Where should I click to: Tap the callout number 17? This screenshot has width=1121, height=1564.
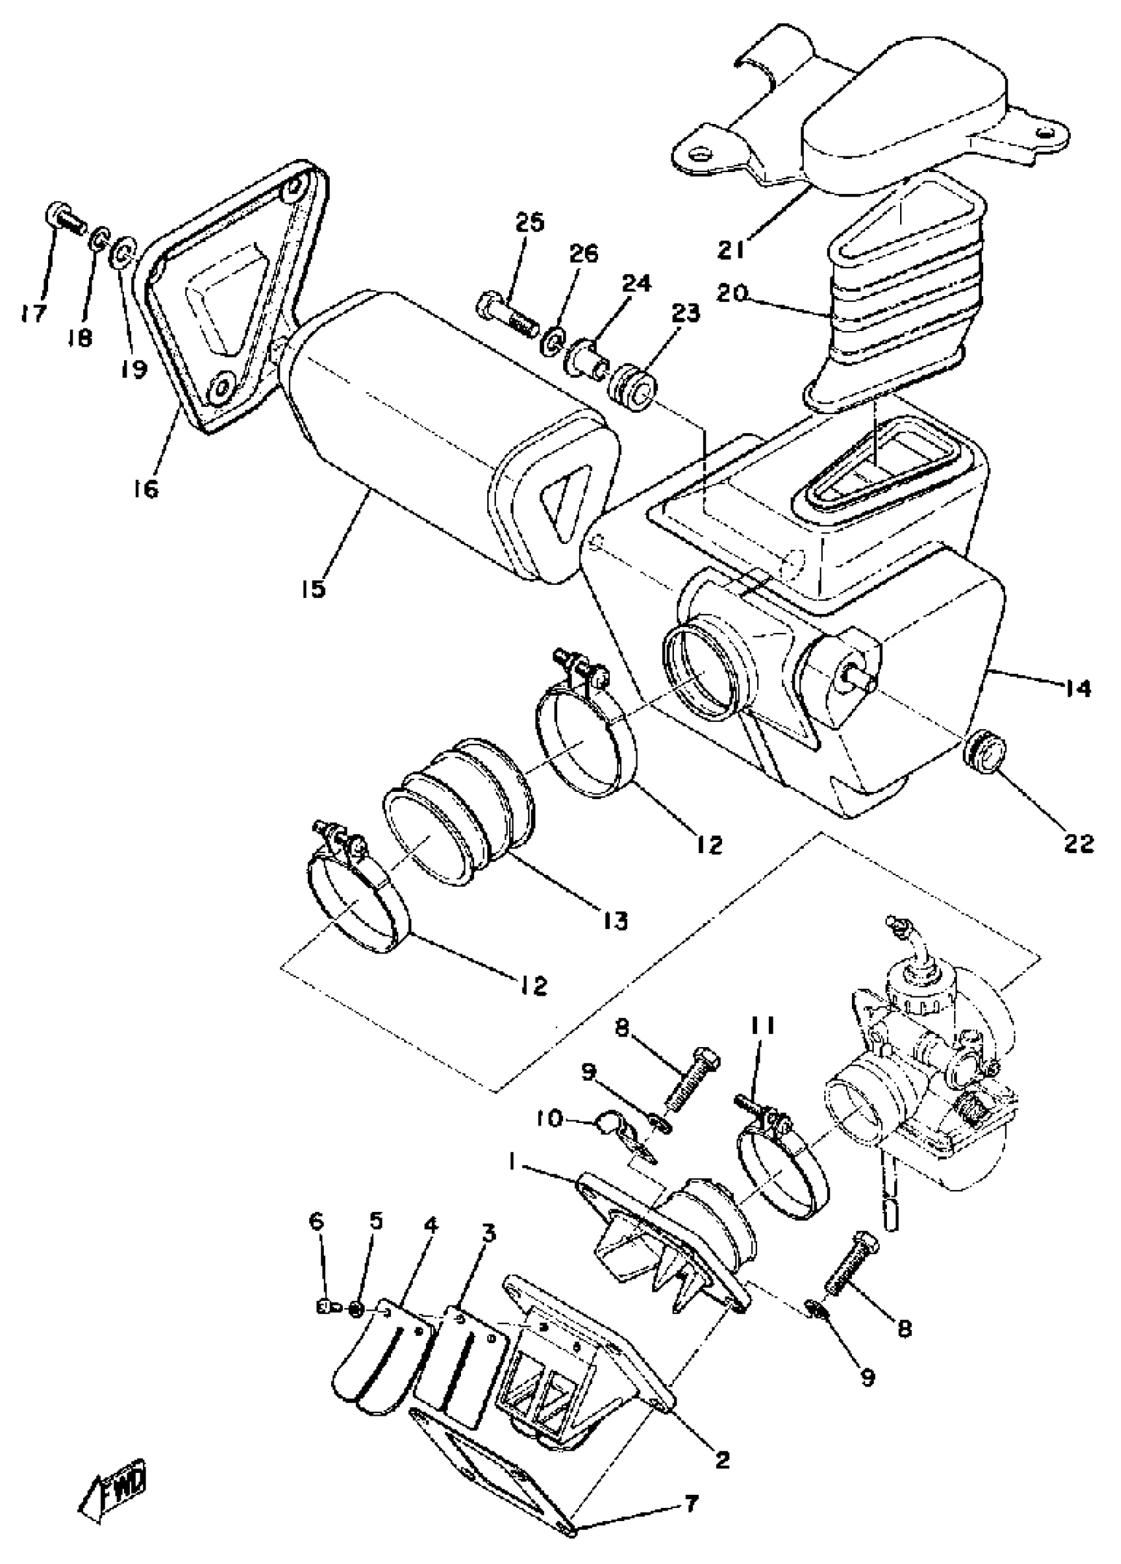click(33, 314)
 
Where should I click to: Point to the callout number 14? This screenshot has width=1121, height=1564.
click(1077, 688)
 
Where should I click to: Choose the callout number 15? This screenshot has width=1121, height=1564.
click(313, 589)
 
